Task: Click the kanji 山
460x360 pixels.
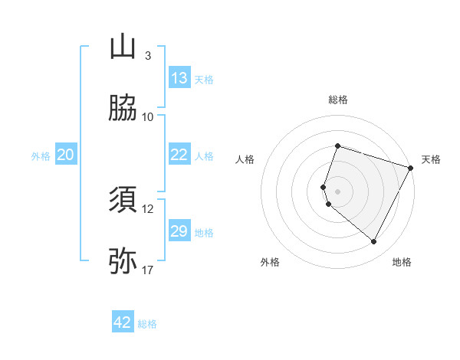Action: (123, 47)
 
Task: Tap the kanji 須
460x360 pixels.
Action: (123, 200)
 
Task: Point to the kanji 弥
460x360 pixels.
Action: (123, 261)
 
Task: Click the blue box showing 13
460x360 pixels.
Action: (179, 78)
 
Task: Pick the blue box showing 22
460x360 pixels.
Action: (179, 155)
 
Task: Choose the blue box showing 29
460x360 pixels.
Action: (179, 231)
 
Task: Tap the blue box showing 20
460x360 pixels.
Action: (65, 155)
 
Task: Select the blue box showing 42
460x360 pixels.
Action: (123, 322)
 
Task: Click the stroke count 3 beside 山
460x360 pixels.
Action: (148, 56)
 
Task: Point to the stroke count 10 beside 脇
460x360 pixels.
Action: (148, 116)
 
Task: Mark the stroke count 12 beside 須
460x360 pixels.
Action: (148, 208)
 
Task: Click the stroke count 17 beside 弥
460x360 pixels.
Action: (148, 270)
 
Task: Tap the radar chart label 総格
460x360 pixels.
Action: (338, 100)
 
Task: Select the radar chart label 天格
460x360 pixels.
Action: (431, 159)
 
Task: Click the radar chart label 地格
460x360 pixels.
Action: (402, 262)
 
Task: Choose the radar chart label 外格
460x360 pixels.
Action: (270, 262)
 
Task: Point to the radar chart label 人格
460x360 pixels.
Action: (245, 159)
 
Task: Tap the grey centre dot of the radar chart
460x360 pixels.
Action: (338, 191)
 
